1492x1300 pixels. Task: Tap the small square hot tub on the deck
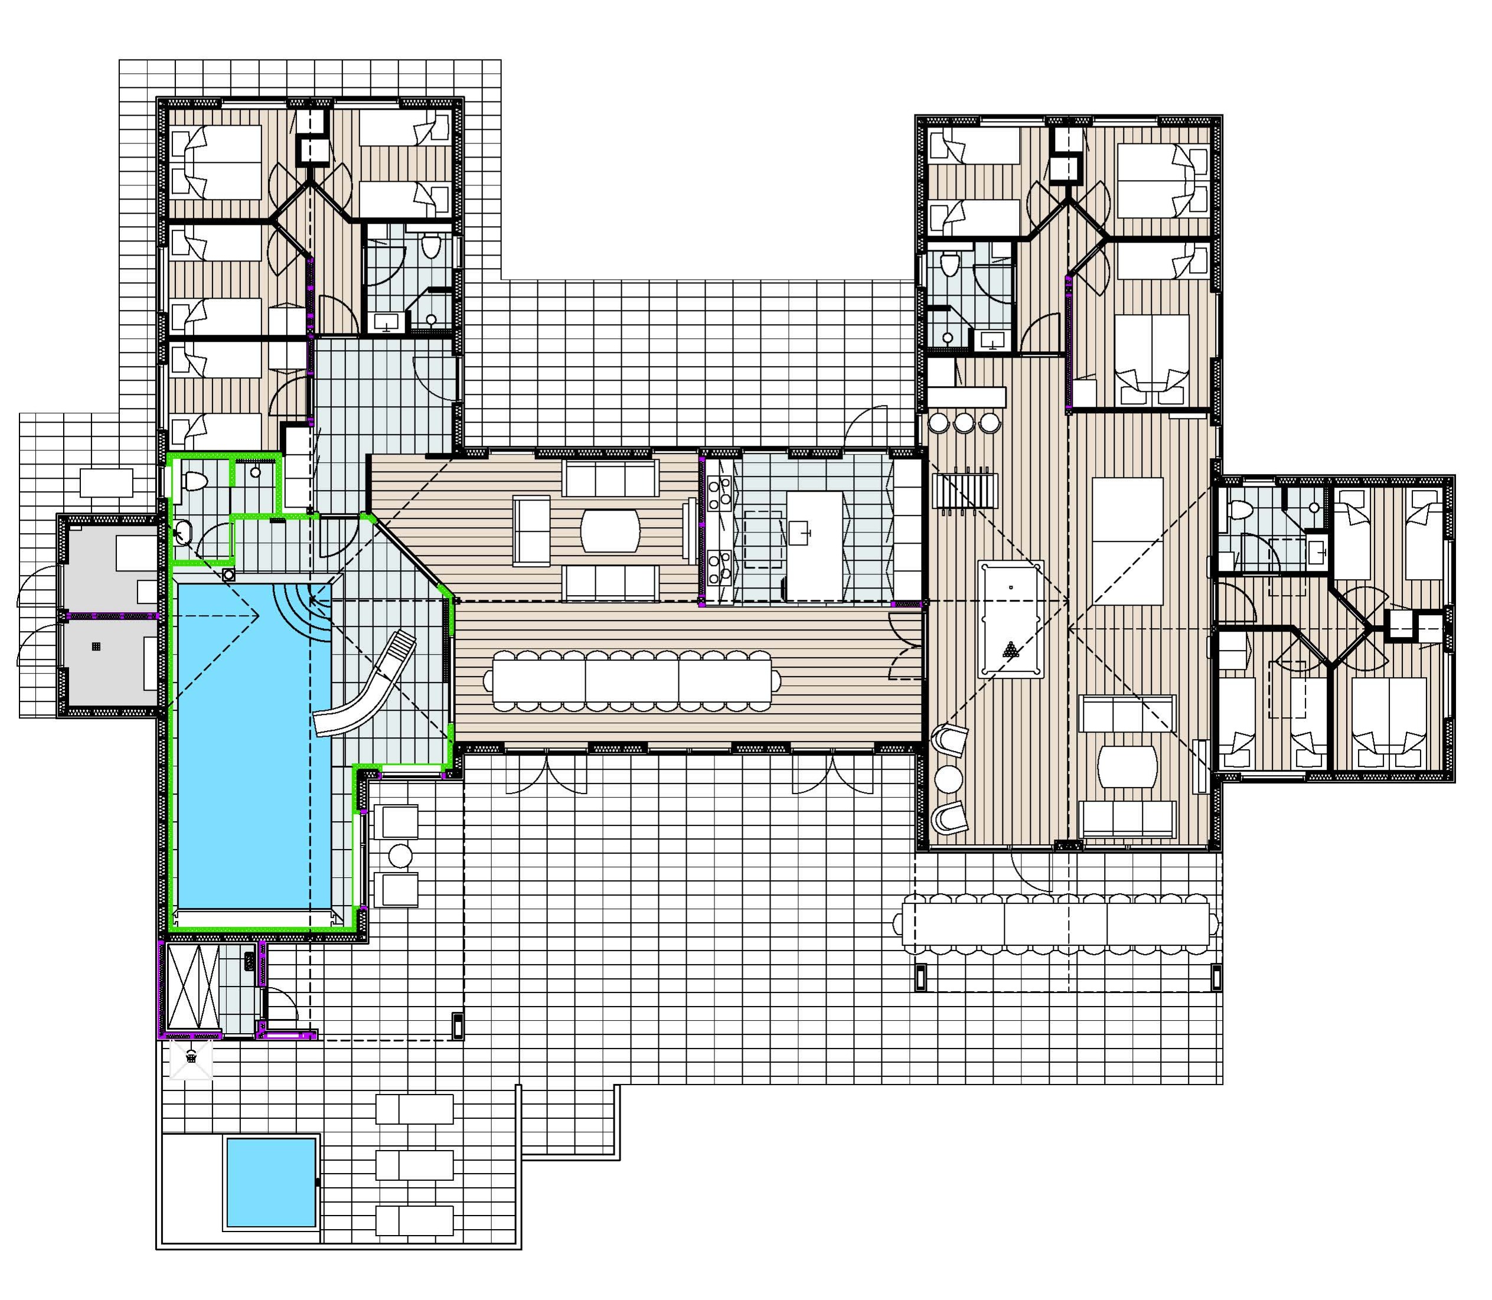point(270,1183)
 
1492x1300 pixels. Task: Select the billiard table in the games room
point(1010,619)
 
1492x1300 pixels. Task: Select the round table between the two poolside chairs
point(400,855)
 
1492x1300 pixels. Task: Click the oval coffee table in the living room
point(610,530)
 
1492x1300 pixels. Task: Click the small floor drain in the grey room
point(96,646)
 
